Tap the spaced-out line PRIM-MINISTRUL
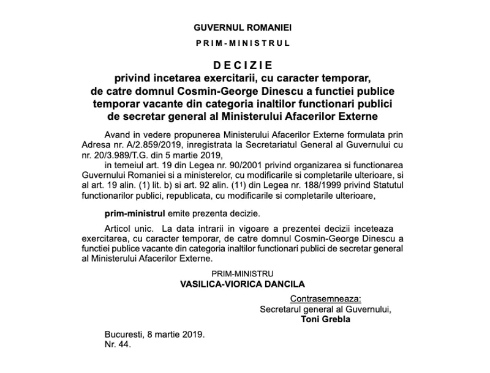tap(243, 43)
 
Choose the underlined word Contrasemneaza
tap(325, 299)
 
